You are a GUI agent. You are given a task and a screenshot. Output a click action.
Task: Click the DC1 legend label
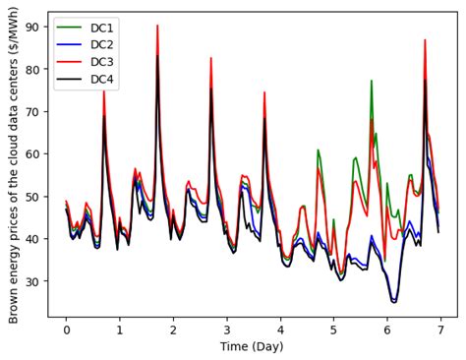(x=100, y=28)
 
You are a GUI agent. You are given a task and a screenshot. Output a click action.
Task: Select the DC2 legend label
(x=100, y=44)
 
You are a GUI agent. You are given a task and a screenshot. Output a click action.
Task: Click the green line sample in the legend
(x=70, y=28)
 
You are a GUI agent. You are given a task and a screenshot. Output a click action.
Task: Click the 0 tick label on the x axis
(x=66, y=329)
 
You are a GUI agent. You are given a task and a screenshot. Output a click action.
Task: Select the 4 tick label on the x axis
(x=280, y=329)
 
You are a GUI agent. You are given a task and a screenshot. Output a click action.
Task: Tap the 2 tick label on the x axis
(x=173, y=329)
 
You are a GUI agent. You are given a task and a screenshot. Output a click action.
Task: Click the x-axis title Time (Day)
(x=253, y=347)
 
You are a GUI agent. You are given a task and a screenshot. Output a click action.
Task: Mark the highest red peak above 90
(x=157, y=26)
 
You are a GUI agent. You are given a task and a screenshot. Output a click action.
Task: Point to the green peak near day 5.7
(x=372, y=81)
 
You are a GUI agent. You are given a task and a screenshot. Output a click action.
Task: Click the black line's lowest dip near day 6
(x=393, y=302)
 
